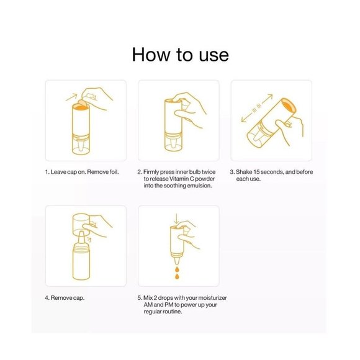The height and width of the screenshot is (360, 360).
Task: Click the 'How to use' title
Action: [180, 55]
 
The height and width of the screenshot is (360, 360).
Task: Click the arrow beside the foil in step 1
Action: [71, 97]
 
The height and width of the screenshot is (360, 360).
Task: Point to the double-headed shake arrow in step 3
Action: [257, 108]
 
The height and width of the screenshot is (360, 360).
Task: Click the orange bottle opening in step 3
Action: [289, 106]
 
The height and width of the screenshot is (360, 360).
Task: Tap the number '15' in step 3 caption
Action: [256, 172]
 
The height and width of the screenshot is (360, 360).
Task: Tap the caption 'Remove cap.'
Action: [68, 298]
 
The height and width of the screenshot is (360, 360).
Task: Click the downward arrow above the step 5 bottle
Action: [176, 218]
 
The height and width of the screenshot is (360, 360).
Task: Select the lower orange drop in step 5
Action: [177, 276]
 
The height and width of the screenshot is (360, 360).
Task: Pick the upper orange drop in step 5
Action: [177, 269]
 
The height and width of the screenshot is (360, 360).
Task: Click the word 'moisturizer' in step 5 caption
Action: [212, 298]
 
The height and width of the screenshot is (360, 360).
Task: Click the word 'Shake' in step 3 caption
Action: [244, 172]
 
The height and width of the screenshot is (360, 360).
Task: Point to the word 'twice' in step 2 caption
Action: [208, 172]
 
